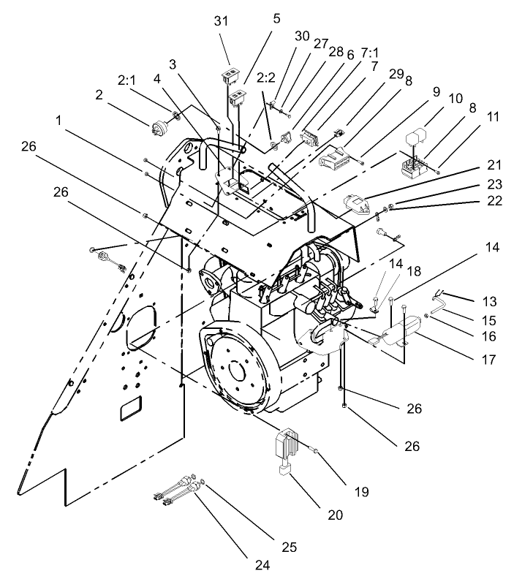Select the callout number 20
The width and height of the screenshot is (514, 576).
(336, 514)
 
